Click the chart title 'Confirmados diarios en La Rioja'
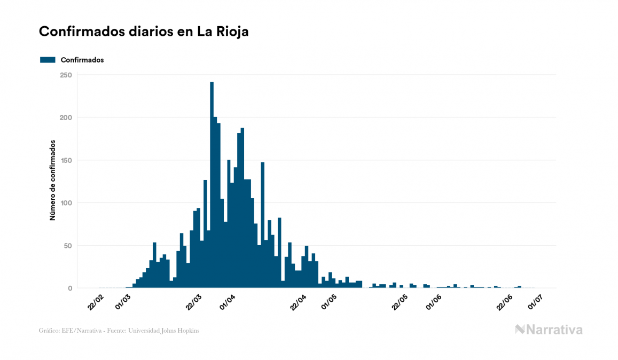(144, 32)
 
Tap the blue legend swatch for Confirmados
(48, 60)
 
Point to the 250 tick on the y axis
(66, 75)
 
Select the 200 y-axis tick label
(66, 118)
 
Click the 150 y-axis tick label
(66, 160)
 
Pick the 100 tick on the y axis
(66, 203)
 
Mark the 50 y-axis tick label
(68, 246)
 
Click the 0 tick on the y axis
(70, 288)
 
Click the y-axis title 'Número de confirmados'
(53, 181)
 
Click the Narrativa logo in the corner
(549, 330)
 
